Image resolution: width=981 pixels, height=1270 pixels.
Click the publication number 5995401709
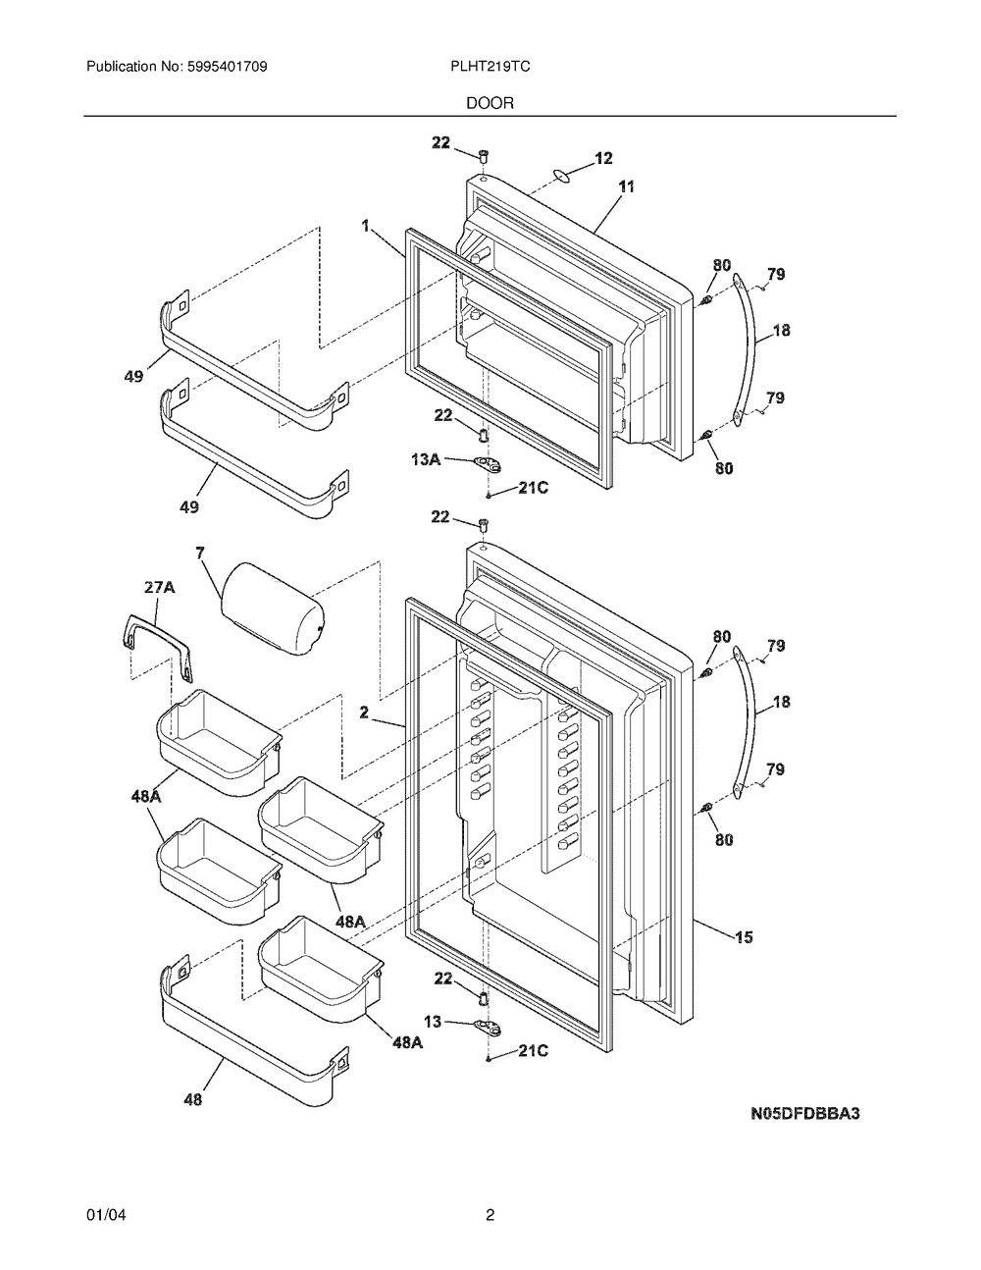tap(228, 67)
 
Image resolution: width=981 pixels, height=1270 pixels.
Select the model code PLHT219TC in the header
tap(490, 67)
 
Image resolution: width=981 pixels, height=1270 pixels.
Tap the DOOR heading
tap(490, 103)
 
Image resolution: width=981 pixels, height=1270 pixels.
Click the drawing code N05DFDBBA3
tap(804, 1113)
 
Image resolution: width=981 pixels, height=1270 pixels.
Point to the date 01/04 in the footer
tap(106, 1199)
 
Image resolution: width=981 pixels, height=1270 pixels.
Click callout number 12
tap(603, 158)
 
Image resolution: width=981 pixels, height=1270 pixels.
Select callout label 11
tap(626, 187)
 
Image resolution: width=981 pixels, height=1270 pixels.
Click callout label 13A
tap(426, 459)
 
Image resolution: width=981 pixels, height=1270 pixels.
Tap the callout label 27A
tap(159, 587)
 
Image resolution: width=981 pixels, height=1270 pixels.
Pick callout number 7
tap(200, 553)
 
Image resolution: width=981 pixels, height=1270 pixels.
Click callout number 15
tap(744, 937)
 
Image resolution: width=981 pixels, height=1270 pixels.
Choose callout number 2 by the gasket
tap(364, 713)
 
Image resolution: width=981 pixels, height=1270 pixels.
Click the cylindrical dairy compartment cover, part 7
tap(273, 609)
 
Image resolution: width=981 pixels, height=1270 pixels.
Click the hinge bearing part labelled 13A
tap(489, 465)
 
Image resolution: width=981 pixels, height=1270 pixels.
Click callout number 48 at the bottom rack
tap(192, 1099)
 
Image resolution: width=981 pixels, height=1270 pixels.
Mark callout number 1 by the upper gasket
tap(366, 226)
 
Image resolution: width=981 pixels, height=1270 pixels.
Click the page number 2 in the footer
tap(490, 1199)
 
